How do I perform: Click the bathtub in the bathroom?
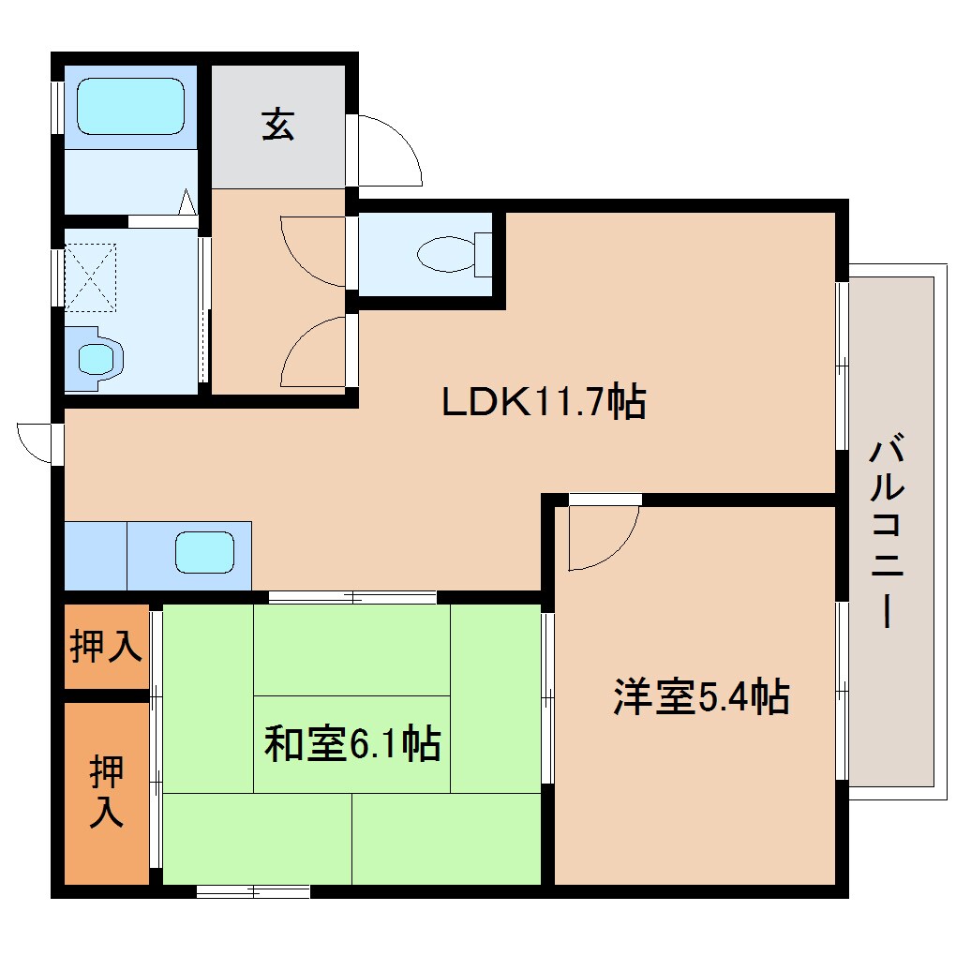[x=130, y=106]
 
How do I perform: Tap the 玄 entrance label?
[x=276, y=125]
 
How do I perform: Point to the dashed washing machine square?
[x=90, y=277]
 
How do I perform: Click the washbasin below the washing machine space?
[x=96, y=357]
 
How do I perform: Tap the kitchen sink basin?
[x=204, y=552]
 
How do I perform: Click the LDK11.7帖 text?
[x=544, y=403]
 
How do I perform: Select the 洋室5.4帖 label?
[x=701, y=697]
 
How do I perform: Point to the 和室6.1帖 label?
[x=352, y=744]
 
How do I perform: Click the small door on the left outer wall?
[x=37, y=441]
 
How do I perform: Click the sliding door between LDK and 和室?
[x=352, y=596]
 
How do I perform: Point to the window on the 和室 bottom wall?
[x=253, y=890]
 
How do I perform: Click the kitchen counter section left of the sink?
[x=95, y=556]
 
